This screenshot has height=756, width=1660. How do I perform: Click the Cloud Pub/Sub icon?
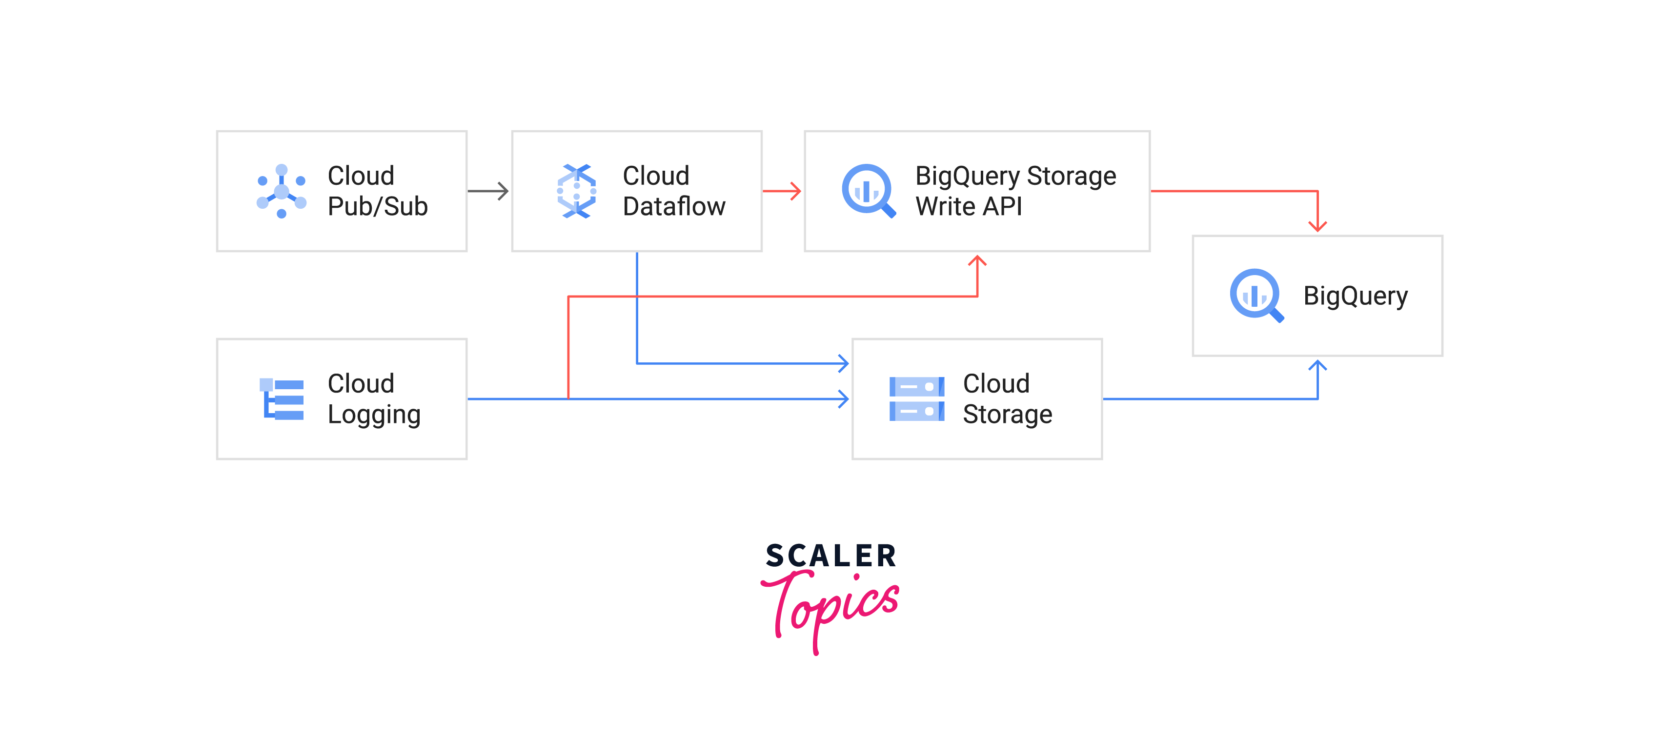[x=281, y=191]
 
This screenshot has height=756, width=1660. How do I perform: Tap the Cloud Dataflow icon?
[x=576, y=191]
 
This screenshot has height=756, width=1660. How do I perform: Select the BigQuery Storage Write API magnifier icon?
[x=869, y=191]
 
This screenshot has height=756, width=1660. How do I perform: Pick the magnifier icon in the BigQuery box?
[x=1256, y=296]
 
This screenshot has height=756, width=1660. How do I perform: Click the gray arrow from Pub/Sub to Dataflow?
[x=488, y=191]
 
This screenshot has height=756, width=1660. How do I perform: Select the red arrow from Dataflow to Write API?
[x=782, y=191]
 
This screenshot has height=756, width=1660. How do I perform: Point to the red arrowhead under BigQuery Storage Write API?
[x=977, y=261]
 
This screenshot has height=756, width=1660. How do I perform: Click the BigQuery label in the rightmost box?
[x=1355, y=296]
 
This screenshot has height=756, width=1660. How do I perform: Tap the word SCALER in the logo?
[x=830, y=556]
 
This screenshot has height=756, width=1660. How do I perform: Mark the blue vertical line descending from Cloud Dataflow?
[x=637, y=308]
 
